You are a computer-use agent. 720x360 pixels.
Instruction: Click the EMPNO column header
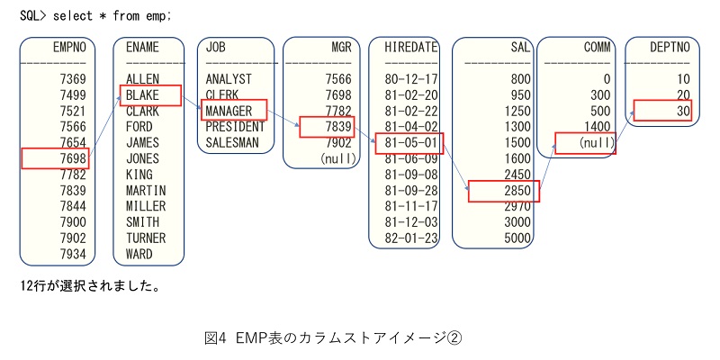point(69,48)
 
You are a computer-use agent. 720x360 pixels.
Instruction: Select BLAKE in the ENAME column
point(142,95)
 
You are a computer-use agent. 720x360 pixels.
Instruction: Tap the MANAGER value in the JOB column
point(229,111)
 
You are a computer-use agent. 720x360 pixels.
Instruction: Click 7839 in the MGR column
point(338,127)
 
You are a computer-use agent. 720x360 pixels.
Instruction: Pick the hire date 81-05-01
point(411,142)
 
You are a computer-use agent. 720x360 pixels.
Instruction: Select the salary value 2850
point(517,191)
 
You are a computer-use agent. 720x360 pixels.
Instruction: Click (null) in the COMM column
point(596,143)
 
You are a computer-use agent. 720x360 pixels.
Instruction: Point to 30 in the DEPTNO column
point(683,111)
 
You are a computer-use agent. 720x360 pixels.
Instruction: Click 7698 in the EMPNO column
point(73,159)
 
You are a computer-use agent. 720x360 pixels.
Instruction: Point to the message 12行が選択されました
point(90,286)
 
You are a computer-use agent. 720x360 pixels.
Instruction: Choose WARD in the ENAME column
point(139,254)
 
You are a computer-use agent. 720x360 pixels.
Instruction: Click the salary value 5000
point(517,238)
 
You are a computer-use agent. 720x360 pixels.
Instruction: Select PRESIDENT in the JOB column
point(235,127)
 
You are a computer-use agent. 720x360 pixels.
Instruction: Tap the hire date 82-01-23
point(411,238)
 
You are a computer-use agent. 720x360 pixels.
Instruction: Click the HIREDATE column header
point(411,48)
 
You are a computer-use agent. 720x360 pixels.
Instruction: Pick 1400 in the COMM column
point(597,127)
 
